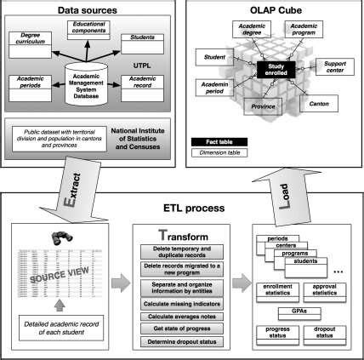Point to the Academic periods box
coord(33,83)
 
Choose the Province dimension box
coord(263,106)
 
